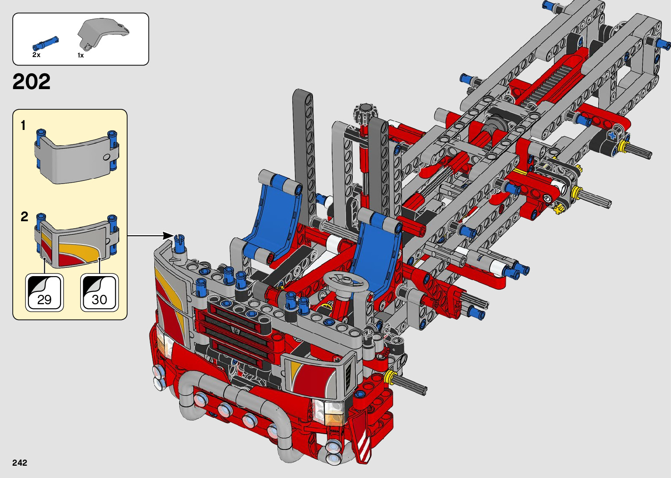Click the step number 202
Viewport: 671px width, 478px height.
pos(32,82)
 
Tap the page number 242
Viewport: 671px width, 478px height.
pos(20,463)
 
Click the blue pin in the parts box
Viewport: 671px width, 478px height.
pos(46,43)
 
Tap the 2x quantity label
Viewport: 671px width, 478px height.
pos(36,55)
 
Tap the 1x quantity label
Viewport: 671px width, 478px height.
pos(81,55)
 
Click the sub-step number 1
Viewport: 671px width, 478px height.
pos(23,126)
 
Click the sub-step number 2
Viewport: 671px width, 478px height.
pos(24,217)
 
